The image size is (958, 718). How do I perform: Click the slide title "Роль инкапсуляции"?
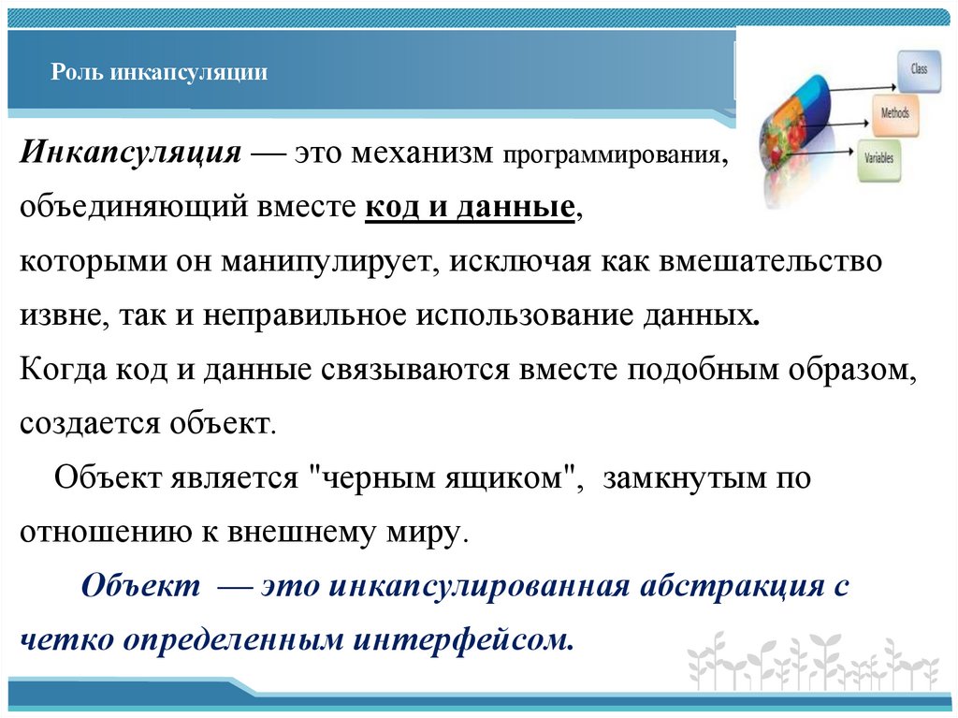[159, 72]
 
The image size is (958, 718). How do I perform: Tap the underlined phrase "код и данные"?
[469, 207]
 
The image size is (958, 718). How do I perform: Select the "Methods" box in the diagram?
[894, 112]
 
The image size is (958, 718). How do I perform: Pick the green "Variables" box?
[878, 157]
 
